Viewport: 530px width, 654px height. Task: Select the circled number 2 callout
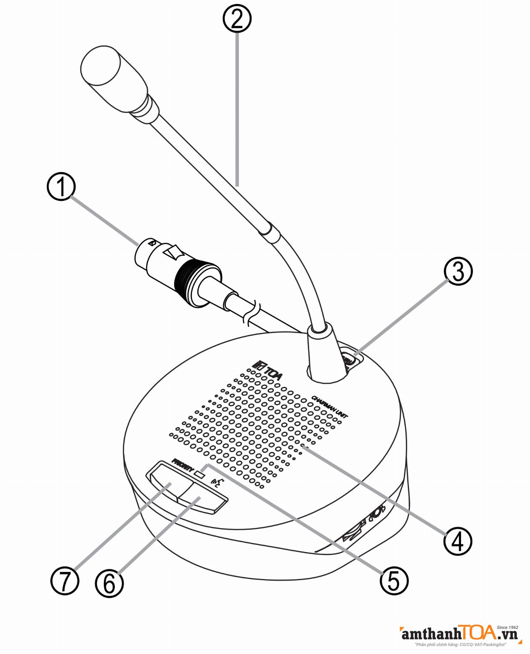coord(237,19)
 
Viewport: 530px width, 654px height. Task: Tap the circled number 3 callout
coord(458,271)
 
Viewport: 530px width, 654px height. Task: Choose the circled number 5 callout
coord(394,580)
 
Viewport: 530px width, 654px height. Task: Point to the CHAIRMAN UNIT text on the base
coord(329,406)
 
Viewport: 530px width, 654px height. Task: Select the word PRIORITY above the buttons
coord(182,465)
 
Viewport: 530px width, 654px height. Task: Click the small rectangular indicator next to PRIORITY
coord(200,475)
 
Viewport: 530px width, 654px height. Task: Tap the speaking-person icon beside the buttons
coord(218,483)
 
